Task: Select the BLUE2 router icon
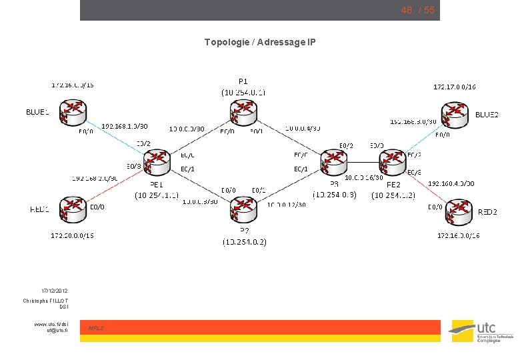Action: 455,115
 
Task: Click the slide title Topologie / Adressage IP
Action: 260,43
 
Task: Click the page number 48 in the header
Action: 406,11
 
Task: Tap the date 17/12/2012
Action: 54,291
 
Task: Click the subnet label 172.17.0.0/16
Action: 455,87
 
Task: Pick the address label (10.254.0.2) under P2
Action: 245,242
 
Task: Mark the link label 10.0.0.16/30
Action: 363,177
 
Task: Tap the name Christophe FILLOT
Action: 45,301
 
